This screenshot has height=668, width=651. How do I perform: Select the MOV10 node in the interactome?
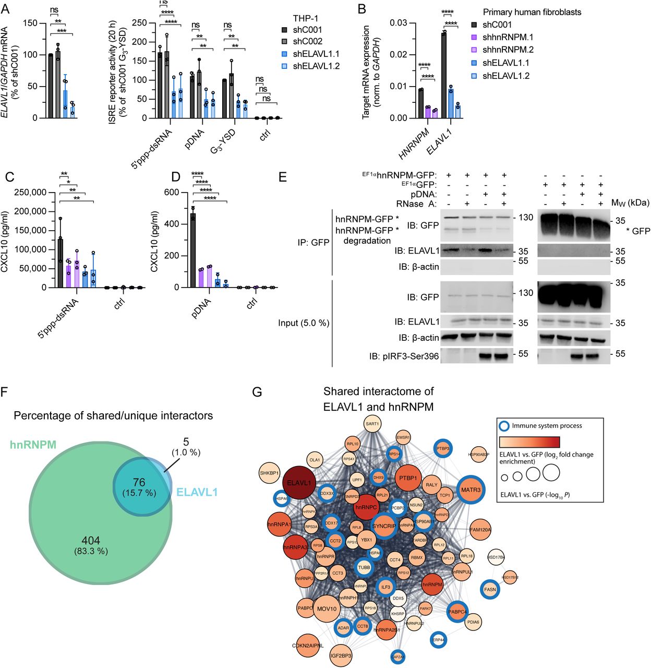327,609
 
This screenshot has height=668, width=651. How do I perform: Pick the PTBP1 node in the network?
408,478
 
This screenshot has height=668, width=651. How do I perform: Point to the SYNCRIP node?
383,526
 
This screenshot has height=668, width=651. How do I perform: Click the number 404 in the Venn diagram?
91,541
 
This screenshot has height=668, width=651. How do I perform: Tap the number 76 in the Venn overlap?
139,483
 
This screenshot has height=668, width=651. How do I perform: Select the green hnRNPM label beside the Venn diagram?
33,445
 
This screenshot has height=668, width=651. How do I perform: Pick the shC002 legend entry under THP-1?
307,41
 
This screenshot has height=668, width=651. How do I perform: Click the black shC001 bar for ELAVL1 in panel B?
443,75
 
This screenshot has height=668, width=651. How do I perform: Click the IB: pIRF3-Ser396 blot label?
404,356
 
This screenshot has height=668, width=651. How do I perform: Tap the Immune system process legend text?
547,425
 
